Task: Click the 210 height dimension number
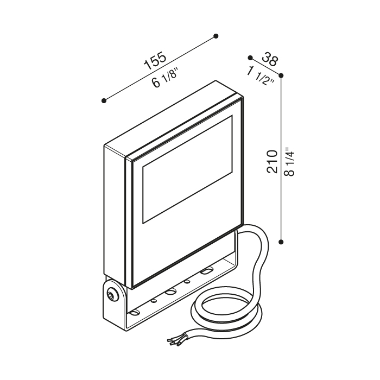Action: click(273, 161)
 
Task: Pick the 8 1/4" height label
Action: click(289, 161)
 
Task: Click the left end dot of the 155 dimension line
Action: click(104, 100)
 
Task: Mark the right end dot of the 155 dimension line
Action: click(216, 36)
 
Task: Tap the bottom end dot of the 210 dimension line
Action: click(281, 240)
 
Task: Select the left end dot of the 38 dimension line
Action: click(250, 57)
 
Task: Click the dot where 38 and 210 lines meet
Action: click(281, 76)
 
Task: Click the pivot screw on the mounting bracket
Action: click(112, 295)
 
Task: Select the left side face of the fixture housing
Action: click(115, 212)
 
